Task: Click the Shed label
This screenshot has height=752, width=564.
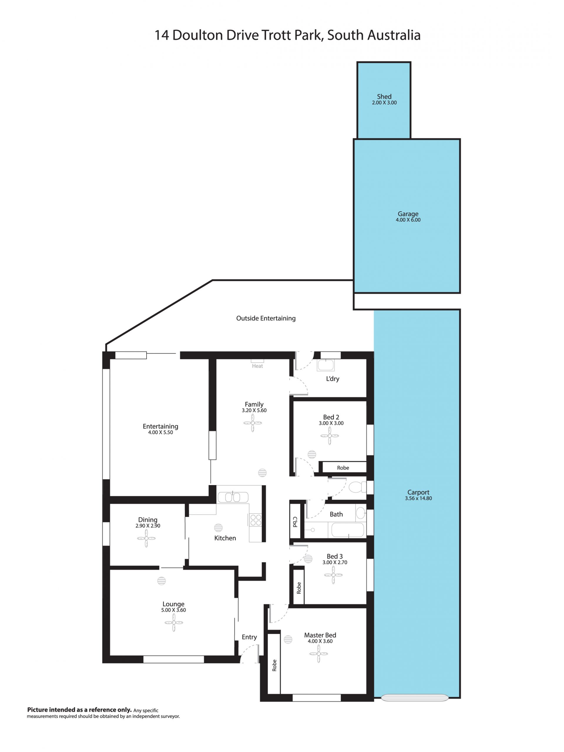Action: [384, 97]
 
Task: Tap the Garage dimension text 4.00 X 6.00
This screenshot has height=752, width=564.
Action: [408, 220]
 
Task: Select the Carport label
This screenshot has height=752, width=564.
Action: [418, 492]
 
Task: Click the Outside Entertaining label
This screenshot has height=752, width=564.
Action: [266, 318]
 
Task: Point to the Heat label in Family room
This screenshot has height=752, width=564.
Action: [257, 366]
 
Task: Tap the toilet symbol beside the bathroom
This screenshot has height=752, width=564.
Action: [357, 487]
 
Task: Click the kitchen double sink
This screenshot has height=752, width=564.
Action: [233, 497]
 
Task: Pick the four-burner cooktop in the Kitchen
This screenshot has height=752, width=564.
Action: [256, 520]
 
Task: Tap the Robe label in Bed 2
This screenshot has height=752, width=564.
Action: [343, 468]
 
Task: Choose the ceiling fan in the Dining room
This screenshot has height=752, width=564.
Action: [146, 539]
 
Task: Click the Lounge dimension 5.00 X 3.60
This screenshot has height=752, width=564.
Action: [174, 610]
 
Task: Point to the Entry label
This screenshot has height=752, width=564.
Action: [249, 637]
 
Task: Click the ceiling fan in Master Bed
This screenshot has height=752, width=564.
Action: [319, 654]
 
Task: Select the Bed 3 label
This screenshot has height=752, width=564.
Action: [334, 556]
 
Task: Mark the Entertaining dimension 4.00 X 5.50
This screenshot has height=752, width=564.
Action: [160, 433]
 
